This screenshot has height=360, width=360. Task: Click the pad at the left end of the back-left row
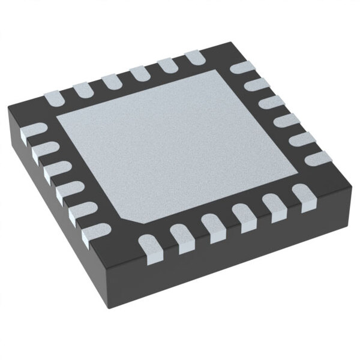tap(52, 96)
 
